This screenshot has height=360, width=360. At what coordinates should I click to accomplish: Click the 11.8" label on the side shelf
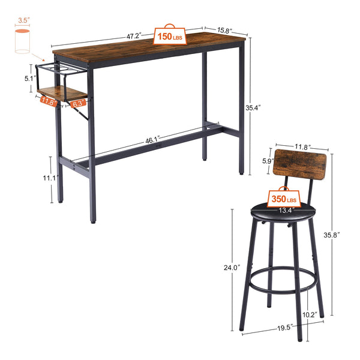tap(50, 102)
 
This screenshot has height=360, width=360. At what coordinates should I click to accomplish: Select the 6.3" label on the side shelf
tap(76, 104)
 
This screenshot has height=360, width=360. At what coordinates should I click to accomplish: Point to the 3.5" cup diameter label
tap(23, 20)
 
